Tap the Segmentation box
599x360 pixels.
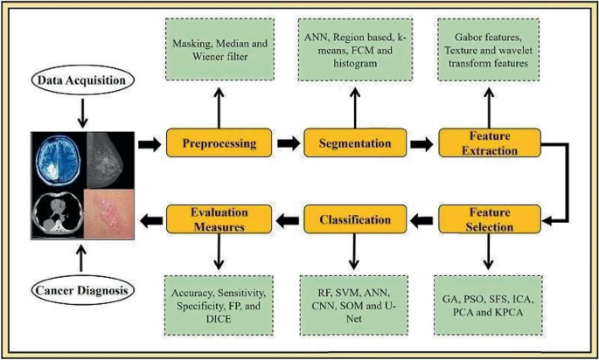[353, 142]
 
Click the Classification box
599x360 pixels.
[353, 218]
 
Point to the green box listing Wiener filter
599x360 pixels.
[218, 48]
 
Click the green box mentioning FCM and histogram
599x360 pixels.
[353, 48]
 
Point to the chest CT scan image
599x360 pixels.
[57, 212]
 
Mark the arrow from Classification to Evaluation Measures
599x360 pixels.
[286, 219]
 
